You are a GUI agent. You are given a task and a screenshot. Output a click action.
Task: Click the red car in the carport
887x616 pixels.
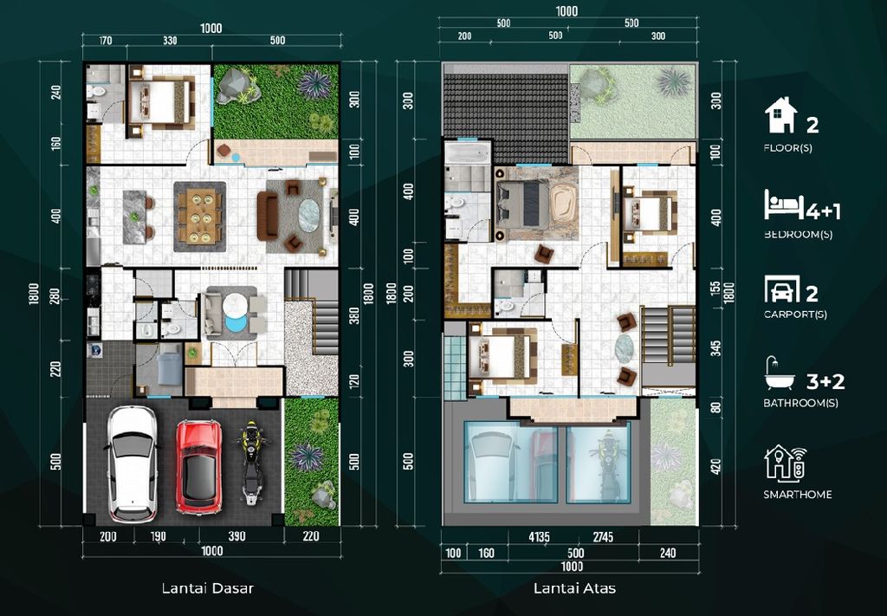coord(198,466)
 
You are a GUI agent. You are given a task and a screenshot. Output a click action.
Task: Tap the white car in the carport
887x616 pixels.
coord(132,464)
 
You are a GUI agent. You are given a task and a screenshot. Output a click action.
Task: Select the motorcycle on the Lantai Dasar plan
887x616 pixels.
coord(252,464)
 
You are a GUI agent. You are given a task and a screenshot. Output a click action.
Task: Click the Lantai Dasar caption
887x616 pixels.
coord(207,588)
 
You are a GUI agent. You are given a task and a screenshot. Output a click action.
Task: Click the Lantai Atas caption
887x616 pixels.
coord(574,588)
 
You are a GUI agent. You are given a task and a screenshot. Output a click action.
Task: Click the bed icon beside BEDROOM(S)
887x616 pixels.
coord(783,205)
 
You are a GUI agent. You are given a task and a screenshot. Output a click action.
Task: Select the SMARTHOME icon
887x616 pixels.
coord(785,463)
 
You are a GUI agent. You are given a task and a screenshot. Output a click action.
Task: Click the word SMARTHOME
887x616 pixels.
coord(797,495)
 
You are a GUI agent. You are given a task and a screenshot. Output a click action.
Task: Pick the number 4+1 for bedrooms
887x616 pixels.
coord(823,211)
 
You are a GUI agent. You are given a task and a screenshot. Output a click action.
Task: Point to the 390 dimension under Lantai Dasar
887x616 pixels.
coord(236,537)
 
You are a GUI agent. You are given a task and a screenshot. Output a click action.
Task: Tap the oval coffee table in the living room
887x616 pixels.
coord(309,213)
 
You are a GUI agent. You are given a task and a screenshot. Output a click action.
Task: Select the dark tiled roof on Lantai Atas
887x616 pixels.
coord(505,104)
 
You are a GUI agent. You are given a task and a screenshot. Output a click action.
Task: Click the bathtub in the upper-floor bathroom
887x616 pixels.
coord(469,157)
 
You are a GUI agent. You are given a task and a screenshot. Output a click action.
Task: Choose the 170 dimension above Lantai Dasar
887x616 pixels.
coord(106,40)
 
